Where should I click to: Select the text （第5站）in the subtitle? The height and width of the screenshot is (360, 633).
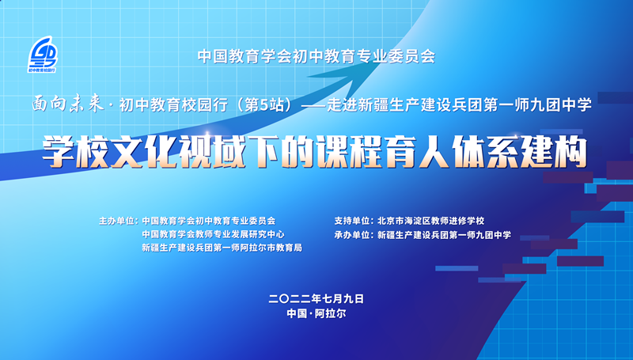point(267,104)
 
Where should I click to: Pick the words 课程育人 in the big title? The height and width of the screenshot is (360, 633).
point(378,150)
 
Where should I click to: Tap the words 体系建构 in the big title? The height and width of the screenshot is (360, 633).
point(519,150)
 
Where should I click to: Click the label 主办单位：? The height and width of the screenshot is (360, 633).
point(116,222)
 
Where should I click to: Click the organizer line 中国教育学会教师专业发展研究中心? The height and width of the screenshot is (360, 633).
point(213,235)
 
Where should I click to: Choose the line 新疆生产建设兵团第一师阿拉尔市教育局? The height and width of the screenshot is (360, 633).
point(222,248)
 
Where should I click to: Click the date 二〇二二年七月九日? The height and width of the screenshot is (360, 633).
point(316,298)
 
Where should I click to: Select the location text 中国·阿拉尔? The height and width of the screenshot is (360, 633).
point(316,313)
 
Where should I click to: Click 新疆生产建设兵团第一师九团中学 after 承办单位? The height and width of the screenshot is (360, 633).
point(444,235)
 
